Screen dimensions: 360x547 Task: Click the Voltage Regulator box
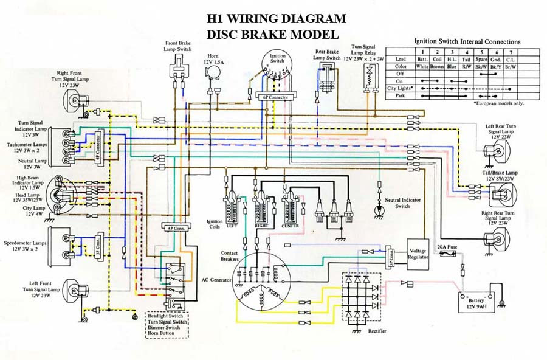418,253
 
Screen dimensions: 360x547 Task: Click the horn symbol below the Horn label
213,72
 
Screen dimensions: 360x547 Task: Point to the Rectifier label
377,331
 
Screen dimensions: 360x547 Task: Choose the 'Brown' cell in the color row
436,66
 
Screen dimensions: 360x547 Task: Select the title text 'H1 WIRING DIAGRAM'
277,19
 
